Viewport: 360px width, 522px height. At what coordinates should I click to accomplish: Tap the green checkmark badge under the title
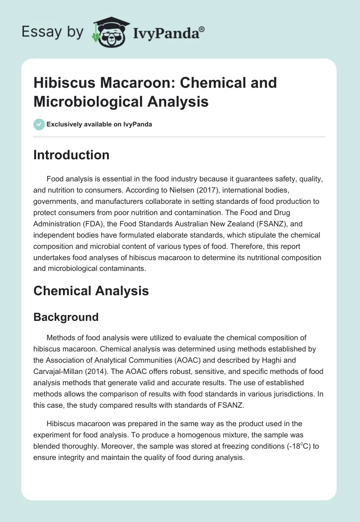coord(39,124)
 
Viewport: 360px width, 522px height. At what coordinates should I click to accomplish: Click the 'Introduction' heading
coord(71,155)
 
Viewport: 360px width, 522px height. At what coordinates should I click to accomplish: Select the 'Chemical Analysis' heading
coord(91,291)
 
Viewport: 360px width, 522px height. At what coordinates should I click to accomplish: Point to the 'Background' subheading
coord(66,317)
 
